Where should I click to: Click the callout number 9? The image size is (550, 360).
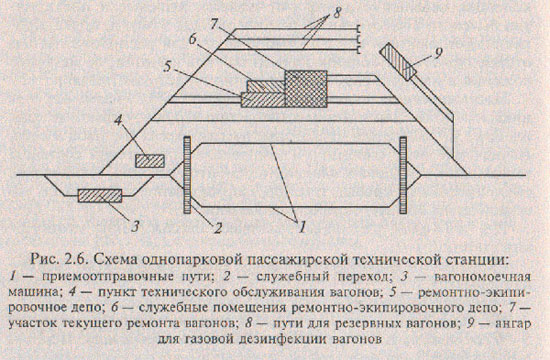(438, 53)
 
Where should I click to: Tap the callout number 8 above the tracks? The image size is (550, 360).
(336, 13)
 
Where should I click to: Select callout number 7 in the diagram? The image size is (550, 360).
(215, 24)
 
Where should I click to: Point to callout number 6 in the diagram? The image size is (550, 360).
(193, 39)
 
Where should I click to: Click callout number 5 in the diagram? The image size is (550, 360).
(168, 67)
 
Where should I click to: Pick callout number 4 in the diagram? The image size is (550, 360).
(118, 121)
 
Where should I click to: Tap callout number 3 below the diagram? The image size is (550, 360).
(135, 226)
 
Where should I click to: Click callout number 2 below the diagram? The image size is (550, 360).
(217, 228)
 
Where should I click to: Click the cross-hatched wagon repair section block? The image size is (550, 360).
(306, 88)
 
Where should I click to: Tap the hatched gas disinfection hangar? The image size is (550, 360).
(398, 61)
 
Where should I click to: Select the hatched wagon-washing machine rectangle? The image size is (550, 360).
(100, 196)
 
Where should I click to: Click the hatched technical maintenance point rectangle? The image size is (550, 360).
(150, 161)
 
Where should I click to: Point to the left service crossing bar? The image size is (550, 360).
(187, 175)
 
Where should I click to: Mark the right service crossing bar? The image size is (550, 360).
(403, 175)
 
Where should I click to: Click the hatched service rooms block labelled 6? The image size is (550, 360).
(266, 86)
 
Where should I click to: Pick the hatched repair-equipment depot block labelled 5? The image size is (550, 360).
(263, 100)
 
